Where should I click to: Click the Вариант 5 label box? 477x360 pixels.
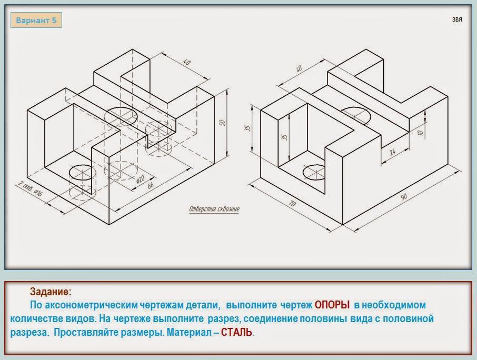click(x=36, y=21)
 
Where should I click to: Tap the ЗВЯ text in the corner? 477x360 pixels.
click(x=457, y=20)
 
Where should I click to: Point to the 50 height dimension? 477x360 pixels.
click(x=222, y=123)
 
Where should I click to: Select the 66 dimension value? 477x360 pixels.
click(x=151, y=185)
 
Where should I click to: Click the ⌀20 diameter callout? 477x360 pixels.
click(x=140, y=179)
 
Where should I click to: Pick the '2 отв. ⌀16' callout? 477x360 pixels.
click(x=30, y=188)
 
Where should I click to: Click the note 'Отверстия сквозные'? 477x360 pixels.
click(x=214, y=209)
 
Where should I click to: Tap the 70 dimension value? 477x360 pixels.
click(x=292, y=203)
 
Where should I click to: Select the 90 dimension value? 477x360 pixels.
click(x=404, y=197)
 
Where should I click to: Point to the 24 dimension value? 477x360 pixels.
click(x=392, y=151)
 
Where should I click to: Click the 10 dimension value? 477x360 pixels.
click(x=421, y=133)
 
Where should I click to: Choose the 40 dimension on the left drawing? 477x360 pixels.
click(x=187, y=62)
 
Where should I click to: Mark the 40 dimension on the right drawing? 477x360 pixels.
click(x=299, y=68)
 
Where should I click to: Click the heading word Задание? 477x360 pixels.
click(x=49, y=292)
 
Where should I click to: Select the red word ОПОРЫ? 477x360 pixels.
click(x=332, y=305)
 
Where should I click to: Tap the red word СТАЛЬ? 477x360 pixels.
click(x=236, y=332)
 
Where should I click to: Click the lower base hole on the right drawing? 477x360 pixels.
click(x=314, y=173)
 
